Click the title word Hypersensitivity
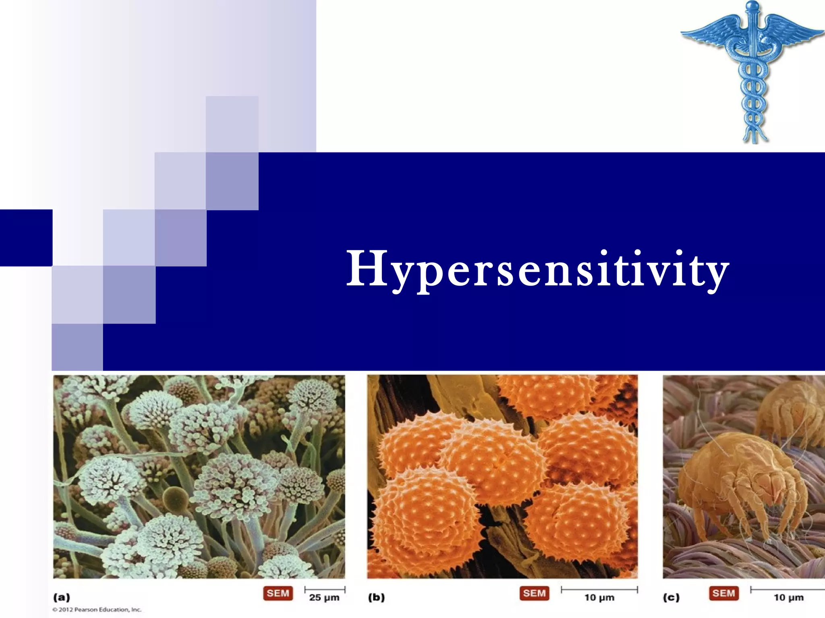(538, 269)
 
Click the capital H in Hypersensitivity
(367, 268)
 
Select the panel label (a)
(62, 597)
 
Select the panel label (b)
(376, 597)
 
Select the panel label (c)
(671, 597)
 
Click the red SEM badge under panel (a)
(278, 593)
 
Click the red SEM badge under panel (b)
(534, 593)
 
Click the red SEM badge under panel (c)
(723, 593)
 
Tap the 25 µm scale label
(324, 598)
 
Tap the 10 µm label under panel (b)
(599, 598)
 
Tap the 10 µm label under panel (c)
(789, 598)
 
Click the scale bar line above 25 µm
(325, 589)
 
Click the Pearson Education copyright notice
(97, 610)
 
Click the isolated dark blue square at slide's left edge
(26, 237)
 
